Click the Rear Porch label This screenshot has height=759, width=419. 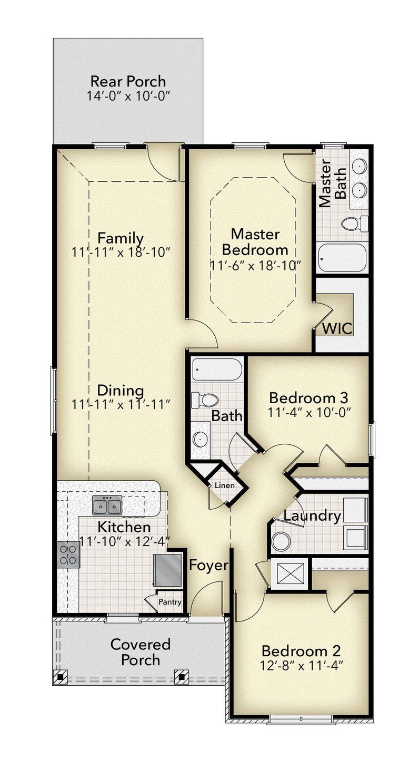pyautogui.click(x=128, y=82)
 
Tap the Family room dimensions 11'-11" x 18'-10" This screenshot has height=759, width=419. pyautogui.click(x=121, y=252)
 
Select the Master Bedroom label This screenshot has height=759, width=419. pyautogui.click(x=255, y=241)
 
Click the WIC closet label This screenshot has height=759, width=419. pyautogui.click(x=337, y=328)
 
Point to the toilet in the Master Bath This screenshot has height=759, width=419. pyautogui.click(x=354, y=224)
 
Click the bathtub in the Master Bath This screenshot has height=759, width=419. pyautogui.click(x=342, y=258)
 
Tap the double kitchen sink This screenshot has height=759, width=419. pyautogui.click(x=107, y=505)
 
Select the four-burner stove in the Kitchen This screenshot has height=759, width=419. pyautogui.click(x=68, y=555)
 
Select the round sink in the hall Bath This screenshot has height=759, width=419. pyautogui.click(x=199, y=439)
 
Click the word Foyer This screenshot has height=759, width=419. pyautogui.click(x=208, y=566)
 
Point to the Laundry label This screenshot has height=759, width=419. pyautogui.click(x=312, y=515)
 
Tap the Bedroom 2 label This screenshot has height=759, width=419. pyautogui.click(x=301, y=650)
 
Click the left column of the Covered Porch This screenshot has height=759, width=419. pyautogui.click(x=62, y=676)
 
